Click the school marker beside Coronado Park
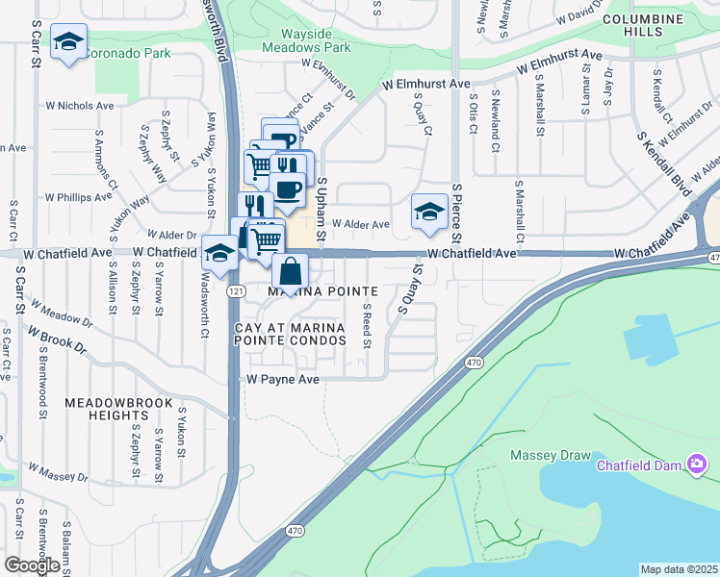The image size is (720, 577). pyautogui.click(x=68, y=41)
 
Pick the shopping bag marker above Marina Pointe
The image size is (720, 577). pyautogui.click(x=291, y=272)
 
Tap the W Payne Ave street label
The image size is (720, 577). pyautogui.click(x=283, y=380)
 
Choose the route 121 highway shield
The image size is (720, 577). pyautogui.click(x=235, y=289)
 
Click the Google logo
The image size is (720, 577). pyautogui.click(x=31, y=564)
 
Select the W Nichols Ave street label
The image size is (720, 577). pyautogui.click(x=72, y=106)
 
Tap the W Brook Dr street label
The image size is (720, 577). pyautogui.click(x=57, y=342)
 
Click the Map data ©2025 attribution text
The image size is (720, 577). pyautogui.click(x=679, y=569)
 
